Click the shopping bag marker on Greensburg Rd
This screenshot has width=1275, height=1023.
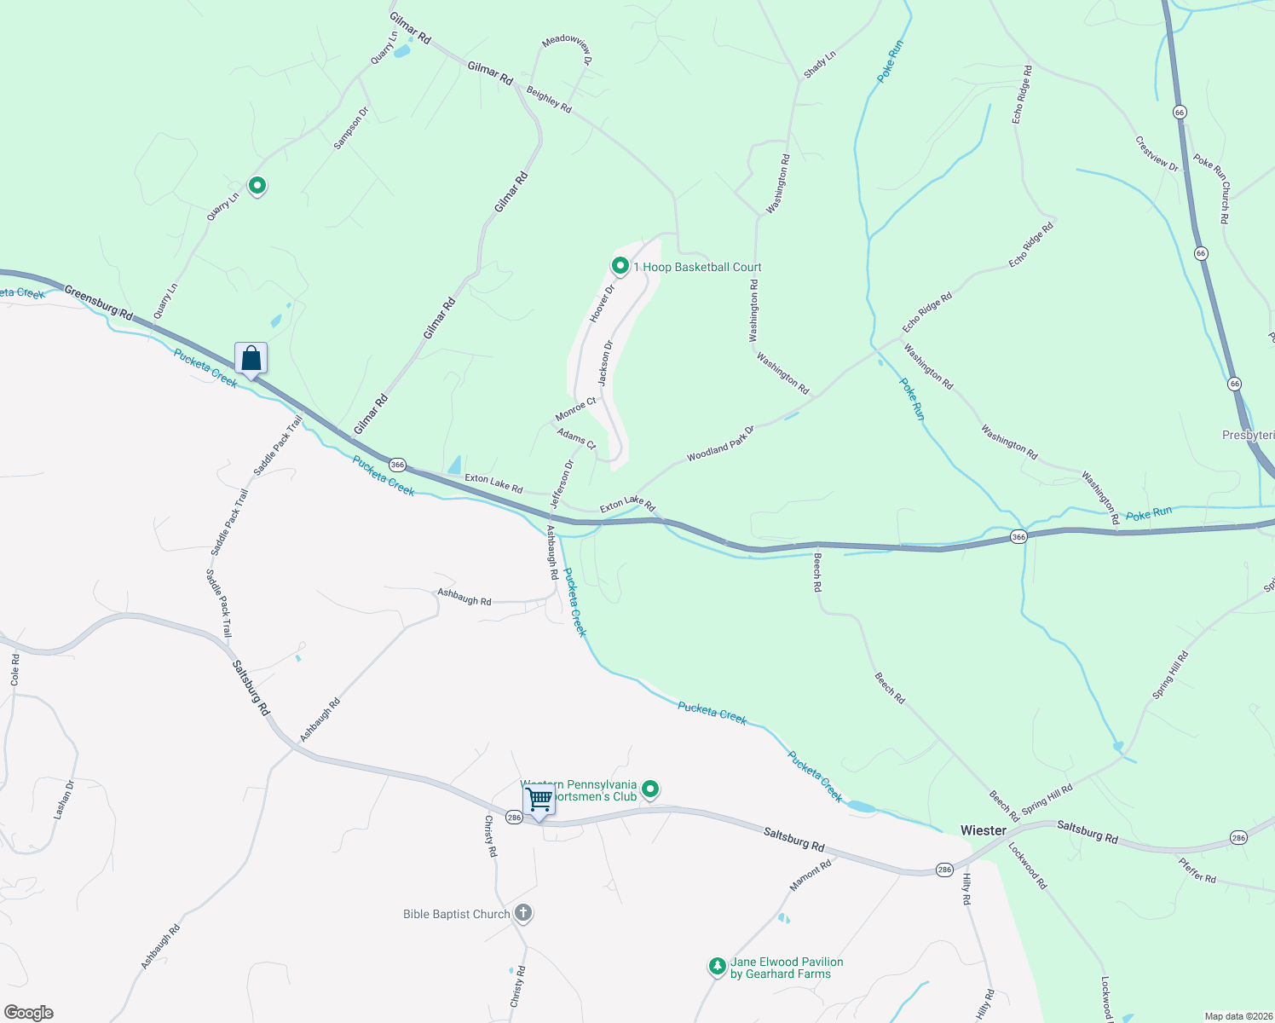click(251, 358)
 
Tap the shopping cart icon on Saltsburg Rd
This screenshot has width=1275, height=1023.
click(539, 800)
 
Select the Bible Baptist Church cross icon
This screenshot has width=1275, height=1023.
click(523, 913)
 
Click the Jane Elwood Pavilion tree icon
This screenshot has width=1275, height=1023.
click(717, 966)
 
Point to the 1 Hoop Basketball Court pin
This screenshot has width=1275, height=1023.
click(621, 267)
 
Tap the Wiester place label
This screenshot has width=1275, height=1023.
click(984, 830)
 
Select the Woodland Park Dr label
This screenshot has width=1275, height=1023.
click(720, 443)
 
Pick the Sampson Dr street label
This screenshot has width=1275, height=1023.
click(350, 129)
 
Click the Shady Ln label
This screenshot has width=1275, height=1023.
click(820, 65)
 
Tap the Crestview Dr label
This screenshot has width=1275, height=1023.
click(1157, 154)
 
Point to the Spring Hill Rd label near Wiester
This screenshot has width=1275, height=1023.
click(1047, 800)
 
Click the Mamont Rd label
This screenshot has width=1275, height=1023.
click(810, 876)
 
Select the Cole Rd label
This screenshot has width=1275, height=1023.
click(14, 670)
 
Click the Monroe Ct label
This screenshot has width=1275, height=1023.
click(576, 409)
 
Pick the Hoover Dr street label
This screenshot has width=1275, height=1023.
click(602, 303)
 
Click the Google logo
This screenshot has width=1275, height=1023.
click(29, 1013)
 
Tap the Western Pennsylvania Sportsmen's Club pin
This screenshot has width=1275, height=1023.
click(650, 790)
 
